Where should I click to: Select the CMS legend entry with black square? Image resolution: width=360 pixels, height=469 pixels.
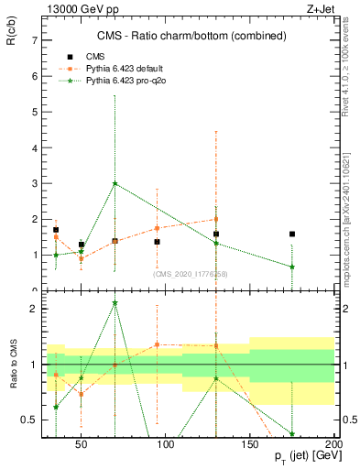coord(90,56)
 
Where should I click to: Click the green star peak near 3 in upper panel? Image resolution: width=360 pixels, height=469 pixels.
coord(115,183)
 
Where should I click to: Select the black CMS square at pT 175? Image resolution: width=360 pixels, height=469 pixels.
coord(291,234)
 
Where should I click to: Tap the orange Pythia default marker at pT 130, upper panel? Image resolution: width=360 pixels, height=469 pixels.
coord(215,219)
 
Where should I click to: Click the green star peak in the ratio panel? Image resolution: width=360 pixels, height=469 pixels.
coord(115,302)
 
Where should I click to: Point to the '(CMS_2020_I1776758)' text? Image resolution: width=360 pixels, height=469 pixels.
coord(191,273)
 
